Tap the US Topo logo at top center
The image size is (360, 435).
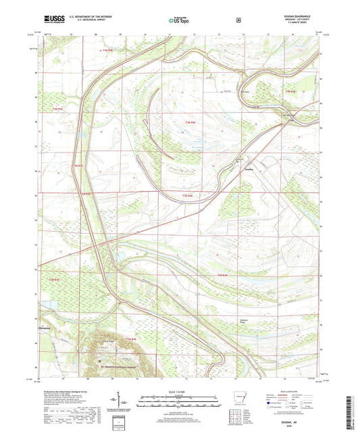pyautogui.click(x=180, y=21)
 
